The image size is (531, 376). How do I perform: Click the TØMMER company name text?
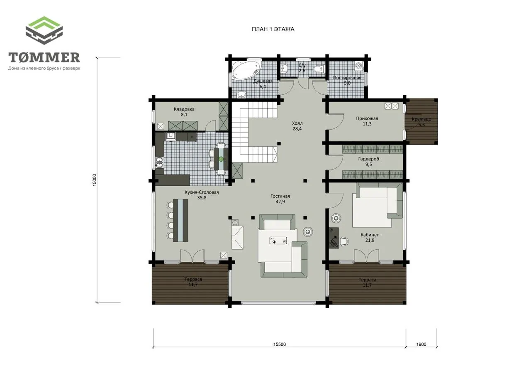coord(44,57)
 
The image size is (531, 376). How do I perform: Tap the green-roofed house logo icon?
coord(44,30)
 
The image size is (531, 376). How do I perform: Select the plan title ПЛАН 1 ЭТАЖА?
coord(273,29)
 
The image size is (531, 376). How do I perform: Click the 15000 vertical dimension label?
coord(94,180)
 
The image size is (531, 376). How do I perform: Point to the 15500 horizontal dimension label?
coord(280,344)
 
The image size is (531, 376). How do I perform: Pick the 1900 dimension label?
coord(421,344)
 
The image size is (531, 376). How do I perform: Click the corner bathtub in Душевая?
coord(246,70)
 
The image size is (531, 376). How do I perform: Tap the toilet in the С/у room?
coord(318,69)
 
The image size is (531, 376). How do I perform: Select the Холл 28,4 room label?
coord(297,126)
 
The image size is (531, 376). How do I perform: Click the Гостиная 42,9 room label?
coord(280,199)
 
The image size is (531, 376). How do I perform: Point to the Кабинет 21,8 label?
coord(370,237)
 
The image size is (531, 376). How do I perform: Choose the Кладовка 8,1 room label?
coord(184,112)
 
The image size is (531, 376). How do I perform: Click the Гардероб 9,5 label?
coord(369,162)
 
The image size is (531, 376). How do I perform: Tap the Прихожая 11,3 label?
coord(367,121)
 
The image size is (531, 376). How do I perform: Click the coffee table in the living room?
coord(278,241)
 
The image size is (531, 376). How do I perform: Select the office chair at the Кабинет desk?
coord(344,241)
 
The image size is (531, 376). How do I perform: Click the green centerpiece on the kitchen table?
coord(221,159)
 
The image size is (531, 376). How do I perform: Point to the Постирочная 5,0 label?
coord(347,81)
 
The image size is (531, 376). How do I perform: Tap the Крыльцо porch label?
coord(421,122)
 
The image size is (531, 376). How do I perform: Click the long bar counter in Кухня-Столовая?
coord(180,220)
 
